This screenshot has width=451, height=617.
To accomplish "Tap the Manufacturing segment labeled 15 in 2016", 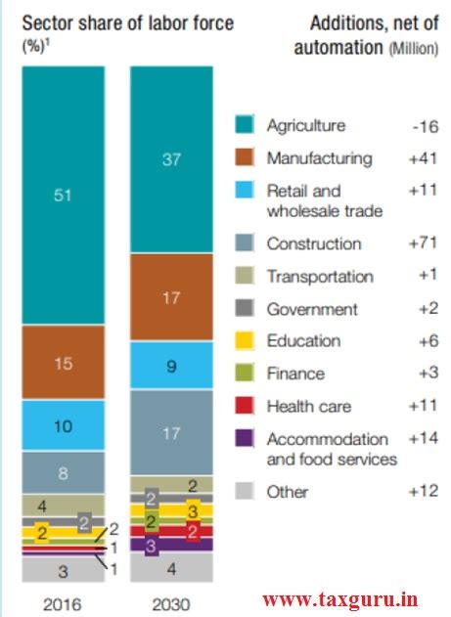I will point(63,363).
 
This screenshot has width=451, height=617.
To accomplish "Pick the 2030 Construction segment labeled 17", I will point(171,432).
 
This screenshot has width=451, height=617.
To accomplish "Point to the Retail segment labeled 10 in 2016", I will point(63,425).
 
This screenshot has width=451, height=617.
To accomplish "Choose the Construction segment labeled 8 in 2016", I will point(63,471).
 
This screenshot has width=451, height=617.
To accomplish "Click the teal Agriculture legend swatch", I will point(247,125).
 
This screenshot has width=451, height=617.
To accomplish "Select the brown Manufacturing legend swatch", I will point(247,157).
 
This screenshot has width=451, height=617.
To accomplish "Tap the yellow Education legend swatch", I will point(247,340).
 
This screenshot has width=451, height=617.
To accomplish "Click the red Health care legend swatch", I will point(247,406).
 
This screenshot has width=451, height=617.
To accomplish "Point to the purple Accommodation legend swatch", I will point(247,439).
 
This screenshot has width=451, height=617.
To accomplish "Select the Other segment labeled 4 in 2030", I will point(171,567).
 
